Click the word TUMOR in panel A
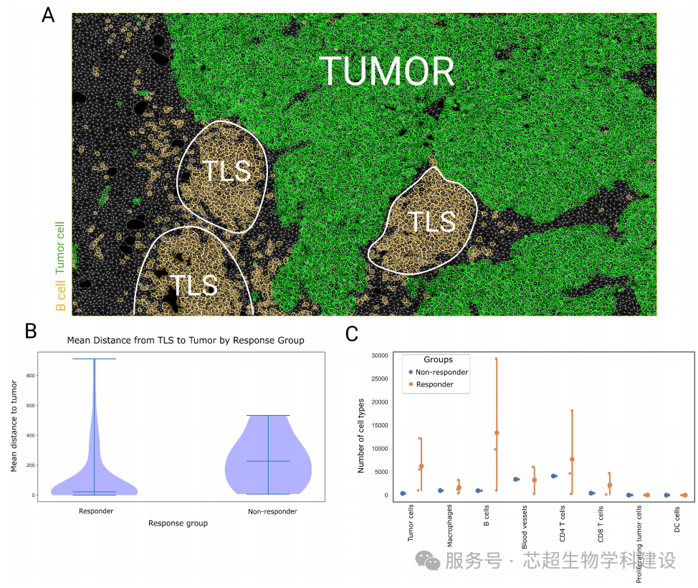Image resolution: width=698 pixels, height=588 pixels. tap(386, 70)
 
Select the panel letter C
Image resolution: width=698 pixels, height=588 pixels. tap(352, 333)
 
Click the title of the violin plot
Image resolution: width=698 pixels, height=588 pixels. tap(186, 341)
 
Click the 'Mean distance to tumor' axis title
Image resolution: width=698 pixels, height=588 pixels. tap(14, 427)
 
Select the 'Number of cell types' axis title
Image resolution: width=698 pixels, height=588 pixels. tap(362, 435)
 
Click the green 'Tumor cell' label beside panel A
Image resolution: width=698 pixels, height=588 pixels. tap(61, 247)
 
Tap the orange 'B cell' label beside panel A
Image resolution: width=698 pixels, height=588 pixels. tap(61, 295)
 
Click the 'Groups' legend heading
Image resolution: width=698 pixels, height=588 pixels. tap(438, 360)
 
